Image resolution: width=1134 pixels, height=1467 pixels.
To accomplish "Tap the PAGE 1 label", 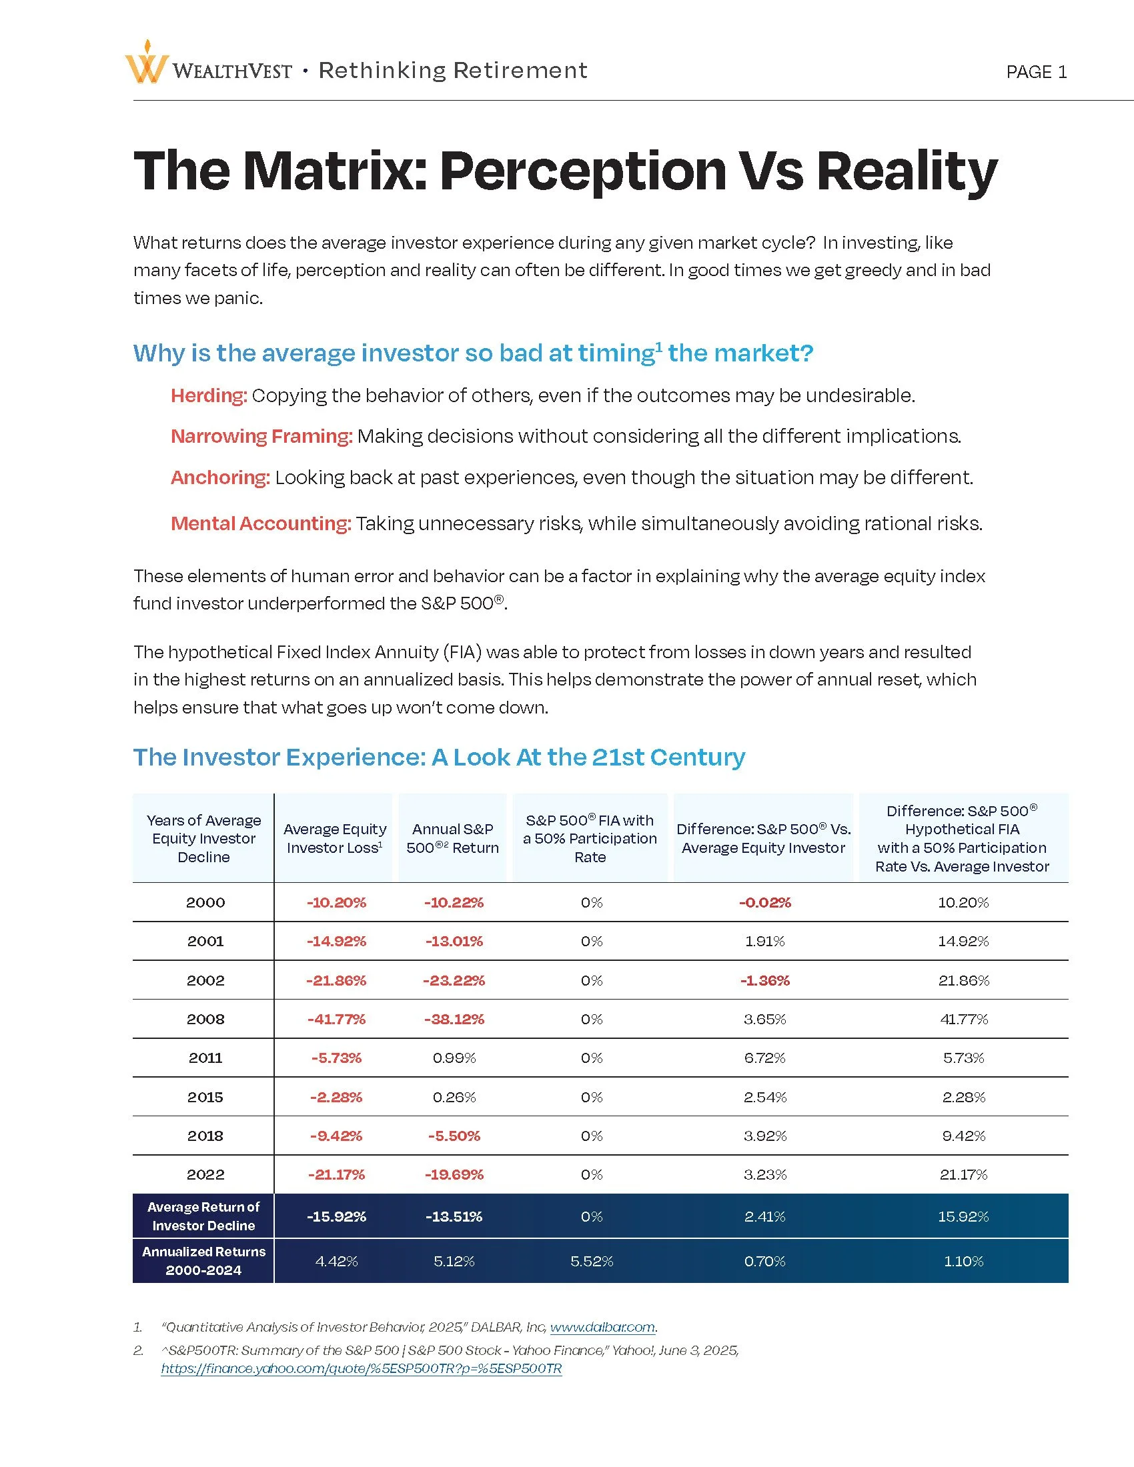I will (1036, 72).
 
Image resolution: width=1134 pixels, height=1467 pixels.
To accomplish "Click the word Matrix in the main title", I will (336, 171).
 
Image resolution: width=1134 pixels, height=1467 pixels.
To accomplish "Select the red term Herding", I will (208, 395).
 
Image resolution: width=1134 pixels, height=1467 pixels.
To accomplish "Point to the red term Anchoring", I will (219, 477).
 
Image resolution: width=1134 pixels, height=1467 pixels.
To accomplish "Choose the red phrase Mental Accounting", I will (261, 523).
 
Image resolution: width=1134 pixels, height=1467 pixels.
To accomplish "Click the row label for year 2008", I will (205, 1019).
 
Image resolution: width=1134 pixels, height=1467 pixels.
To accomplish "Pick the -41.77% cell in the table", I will (336, 1019).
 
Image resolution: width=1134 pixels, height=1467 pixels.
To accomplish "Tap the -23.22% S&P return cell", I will (454, 980).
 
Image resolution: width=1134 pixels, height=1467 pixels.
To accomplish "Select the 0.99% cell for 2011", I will (454, 1058).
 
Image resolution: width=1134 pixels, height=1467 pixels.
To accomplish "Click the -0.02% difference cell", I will (764, 902).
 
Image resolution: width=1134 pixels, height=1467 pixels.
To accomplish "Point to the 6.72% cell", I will (764, 1058).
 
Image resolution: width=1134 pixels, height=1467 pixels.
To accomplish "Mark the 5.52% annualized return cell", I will (591, 1262).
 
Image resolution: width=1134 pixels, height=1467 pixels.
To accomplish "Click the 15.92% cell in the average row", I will (963, 1216).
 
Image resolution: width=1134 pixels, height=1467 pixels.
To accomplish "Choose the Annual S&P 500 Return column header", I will (452, 838).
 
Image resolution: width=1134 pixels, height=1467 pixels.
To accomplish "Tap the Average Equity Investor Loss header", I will (335, 838).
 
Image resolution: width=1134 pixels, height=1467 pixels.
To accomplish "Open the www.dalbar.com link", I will (602, 1326).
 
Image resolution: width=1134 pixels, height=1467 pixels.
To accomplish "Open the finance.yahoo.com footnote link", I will (361, 1368).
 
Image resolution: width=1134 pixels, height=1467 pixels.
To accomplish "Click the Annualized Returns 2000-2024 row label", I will (203, 1261).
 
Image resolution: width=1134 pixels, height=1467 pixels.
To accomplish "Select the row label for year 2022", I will (205, 1174).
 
